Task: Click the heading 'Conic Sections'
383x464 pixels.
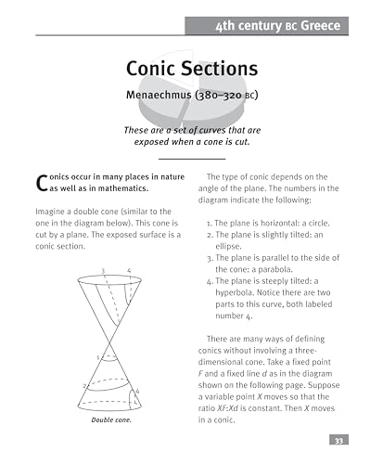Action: point(191,71)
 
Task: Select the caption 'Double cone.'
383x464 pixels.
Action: point(112,420)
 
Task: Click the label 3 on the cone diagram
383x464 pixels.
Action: point(103,270)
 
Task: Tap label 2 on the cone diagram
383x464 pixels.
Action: point(84,385)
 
